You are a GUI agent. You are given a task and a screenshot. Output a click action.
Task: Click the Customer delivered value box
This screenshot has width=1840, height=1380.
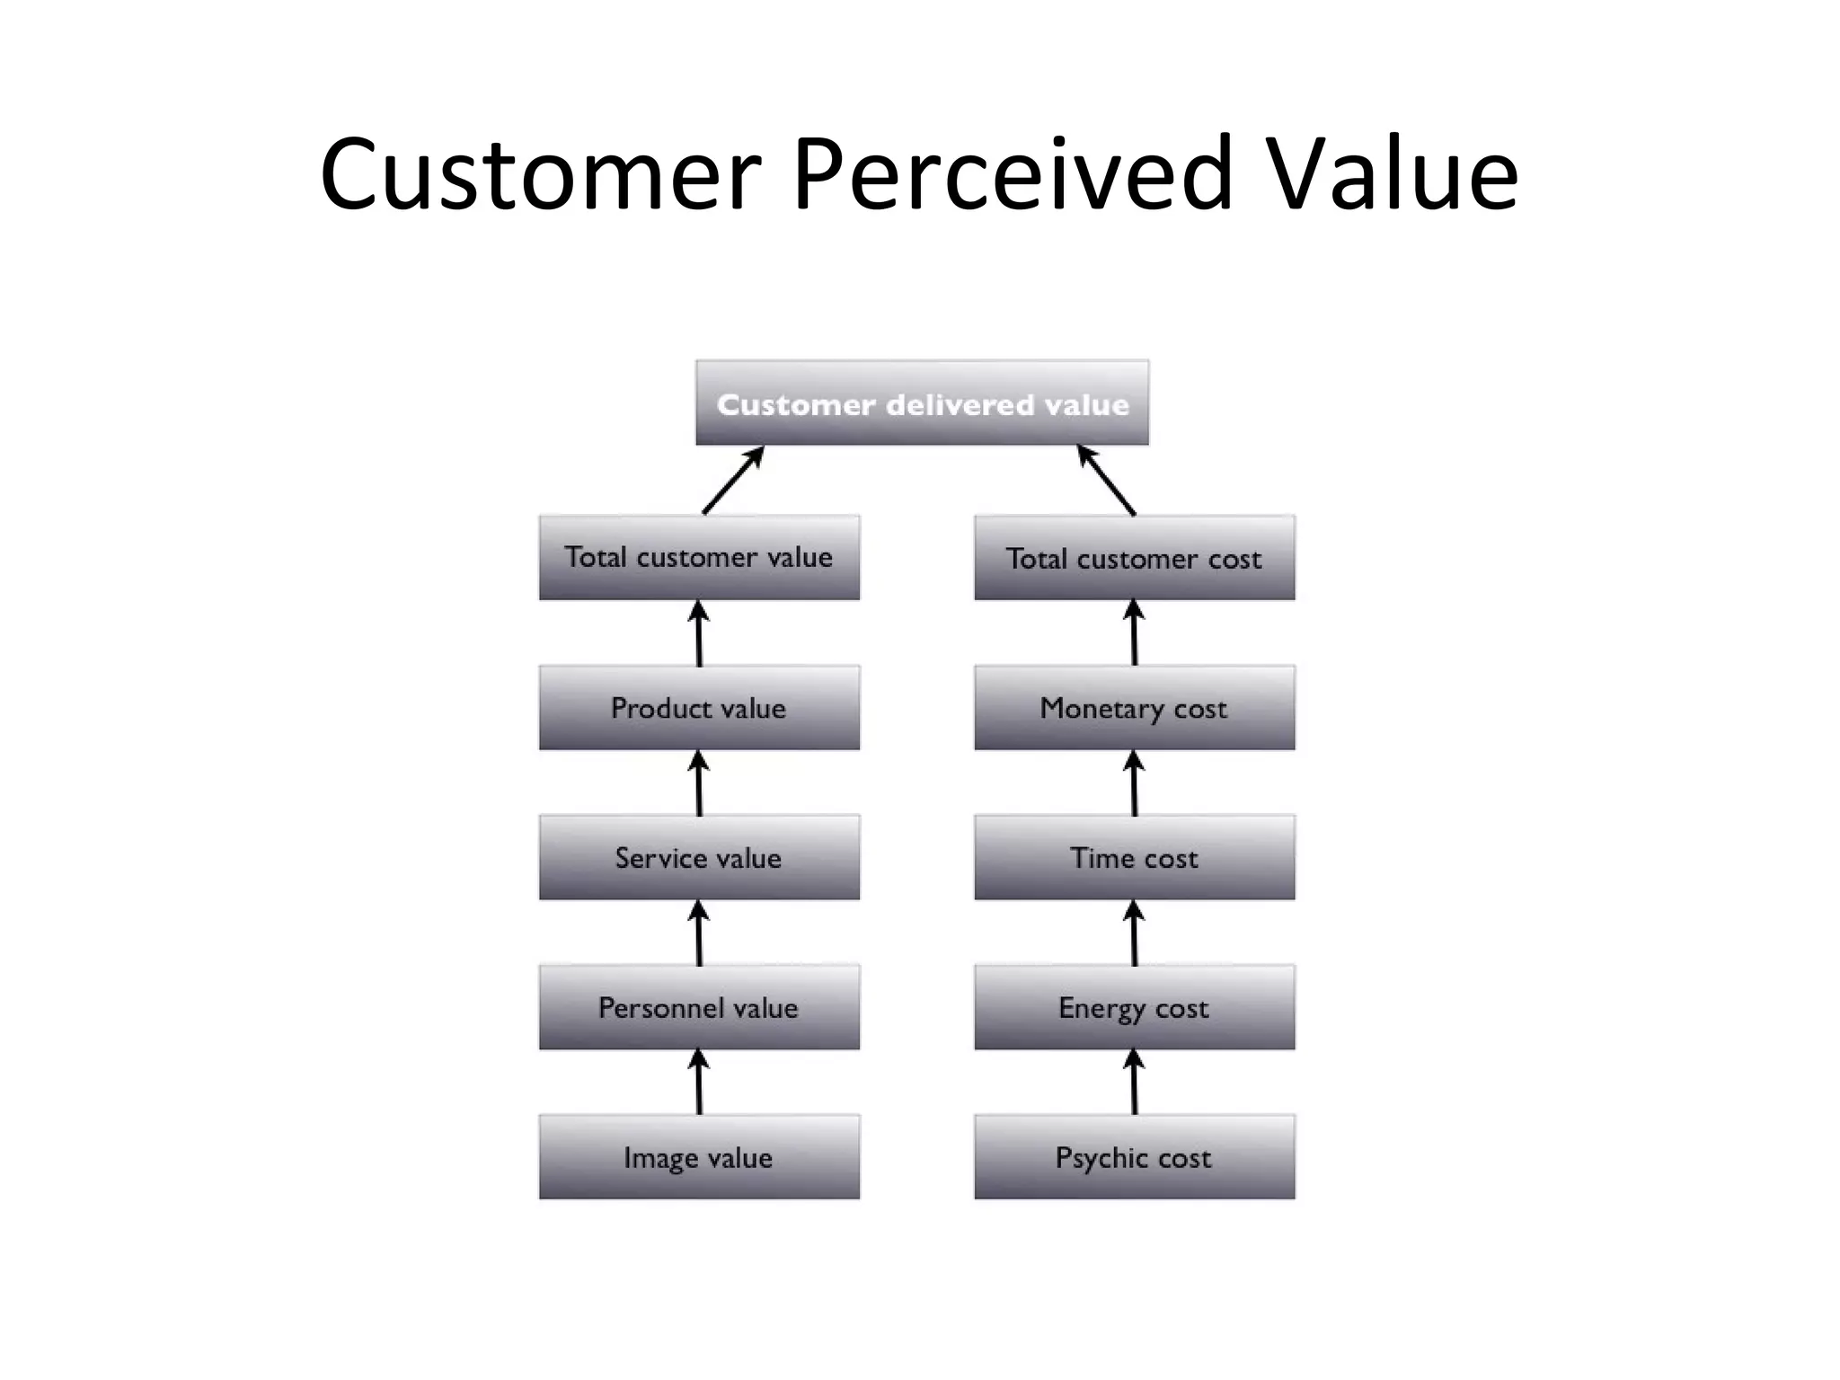(x=922, y=403)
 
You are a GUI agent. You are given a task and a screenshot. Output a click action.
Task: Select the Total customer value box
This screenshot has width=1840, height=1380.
(x=699, y=557)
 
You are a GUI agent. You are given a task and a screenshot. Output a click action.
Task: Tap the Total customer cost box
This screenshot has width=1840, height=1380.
(x=1134, y=558)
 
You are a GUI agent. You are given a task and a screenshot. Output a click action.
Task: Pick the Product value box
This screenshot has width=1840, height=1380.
(x=699, y=708)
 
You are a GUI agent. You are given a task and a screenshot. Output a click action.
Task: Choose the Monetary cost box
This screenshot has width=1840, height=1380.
(x=1134, y=708)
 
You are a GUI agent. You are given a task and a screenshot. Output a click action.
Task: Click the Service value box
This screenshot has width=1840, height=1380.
(x=699, y=857)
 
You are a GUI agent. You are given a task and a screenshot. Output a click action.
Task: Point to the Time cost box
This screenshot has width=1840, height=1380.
(x=1134, y=857)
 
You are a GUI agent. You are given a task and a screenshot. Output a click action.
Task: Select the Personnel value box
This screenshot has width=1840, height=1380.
(x=699, y=1007)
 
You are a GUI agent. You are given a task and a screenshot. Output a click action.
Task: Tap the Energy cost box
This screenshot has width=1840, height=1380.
(x=1134, y=1007)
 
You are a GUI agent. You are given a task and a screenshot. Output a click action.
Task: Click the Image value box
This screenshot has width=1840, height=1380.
(x=699, y=1157)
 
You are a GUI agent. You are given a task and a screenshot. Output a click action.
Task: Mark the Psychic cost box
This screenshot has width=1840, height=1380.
(x=1134, y=1157)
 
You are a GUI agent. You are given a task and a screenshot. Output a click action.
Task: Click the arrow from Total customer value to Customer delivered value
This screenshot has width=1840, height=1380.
(x=733, y=481)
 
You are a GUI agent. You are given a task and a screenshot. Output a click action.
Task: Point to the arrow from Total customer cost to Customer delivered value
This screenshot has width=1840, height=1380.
(x=1107, y=481)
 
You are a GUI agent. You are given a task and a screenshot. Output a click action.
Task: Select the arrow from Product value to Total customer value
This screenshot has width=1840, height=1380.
(x=699, y=633)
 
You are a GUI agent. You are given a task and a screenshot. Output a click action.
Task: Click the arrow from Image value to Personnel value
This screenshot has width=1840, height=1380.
(x=699, y=1083)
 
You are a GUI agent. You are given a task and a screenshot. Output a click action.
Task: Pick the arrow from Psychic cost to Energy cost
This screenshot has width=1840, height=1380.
(x=1134, y=1083)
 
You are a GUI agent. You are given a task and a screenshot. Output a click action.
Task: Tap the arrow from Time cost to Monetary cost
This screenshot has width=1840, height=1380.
(x=1134, y=783)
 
